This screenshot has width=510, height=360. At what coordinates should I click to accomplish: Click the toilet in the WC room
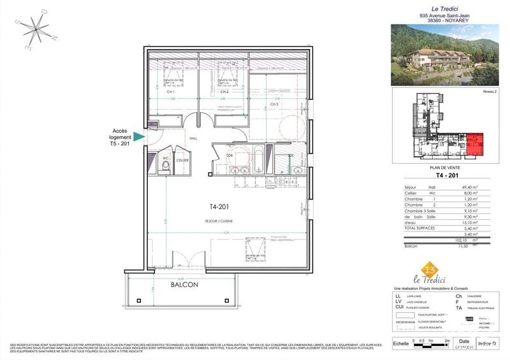164,167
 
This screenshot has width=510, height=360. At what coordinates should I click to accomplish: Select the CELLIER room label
182,161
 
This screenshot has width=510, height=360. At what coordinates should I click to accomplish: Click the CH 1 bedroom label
171,92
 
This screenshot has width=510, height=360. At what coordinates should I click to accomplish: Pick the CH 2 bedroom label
224,92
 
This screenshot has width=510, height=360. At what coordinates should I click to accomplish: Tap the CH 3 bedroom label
274,104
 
